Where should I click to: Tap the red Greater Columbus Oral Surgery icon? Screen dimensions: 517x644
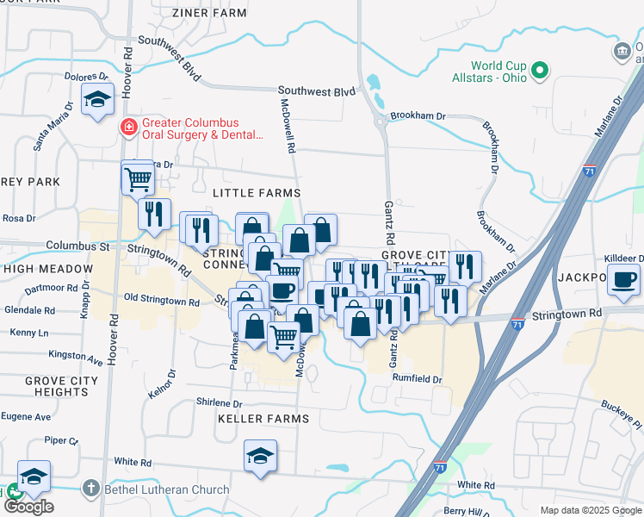tap(129, 128)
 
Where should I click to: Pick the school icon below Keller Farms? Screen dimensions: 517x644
tap(260, 455)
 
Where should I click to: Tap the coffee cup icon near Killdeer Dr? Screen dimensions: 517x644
tap(624, 278)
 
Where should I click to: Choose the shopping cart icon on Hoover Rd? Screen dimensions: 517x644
tap(138, 178)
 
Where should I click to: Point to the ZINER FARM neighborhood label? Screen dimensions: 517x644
tap(209, 13)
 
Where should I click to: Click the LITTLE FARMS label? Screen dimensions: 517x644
tap(257, 193)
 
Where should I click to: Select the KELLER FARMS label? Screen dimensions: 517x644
tap(263, 419)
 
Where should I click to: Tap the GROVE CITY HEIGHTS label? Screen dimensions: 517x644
tap(57, 386)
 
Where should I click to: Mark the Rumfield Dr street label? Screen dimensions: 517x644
tap(417, 379)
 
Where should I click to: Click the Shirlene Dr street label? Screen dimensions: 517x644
tap(220, 402)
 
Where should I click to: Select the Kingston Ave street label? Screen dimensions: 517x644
tap(76, 354)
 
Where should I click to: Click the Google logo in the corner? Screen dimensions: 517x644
tap(28, 507)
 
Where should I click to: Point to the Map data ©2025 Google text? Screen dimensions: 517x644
tap(590, 510)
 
